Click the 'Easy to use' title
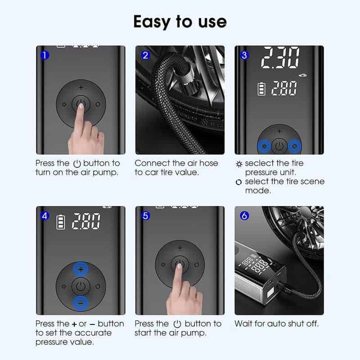[180, 21]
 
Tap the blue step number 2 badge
[145, 55]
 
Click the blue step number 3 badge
[244, 55]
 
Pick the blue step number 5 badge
[145, 216]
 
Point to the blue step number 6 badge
[244, 216]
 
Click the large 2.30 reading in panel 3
[281, 58]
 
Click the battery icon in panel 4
[60, 222]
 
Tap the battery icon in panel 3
[261, 89]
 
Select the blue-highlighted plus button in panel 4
[81, 270]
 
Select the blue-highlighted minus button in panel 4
[81, 303]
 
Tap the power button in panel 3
[279, 146]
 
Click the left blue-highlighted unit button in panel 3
[264, 146]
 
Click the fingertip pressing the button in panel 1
[81, 105]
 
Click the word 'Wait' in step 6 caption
[244, 324]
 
